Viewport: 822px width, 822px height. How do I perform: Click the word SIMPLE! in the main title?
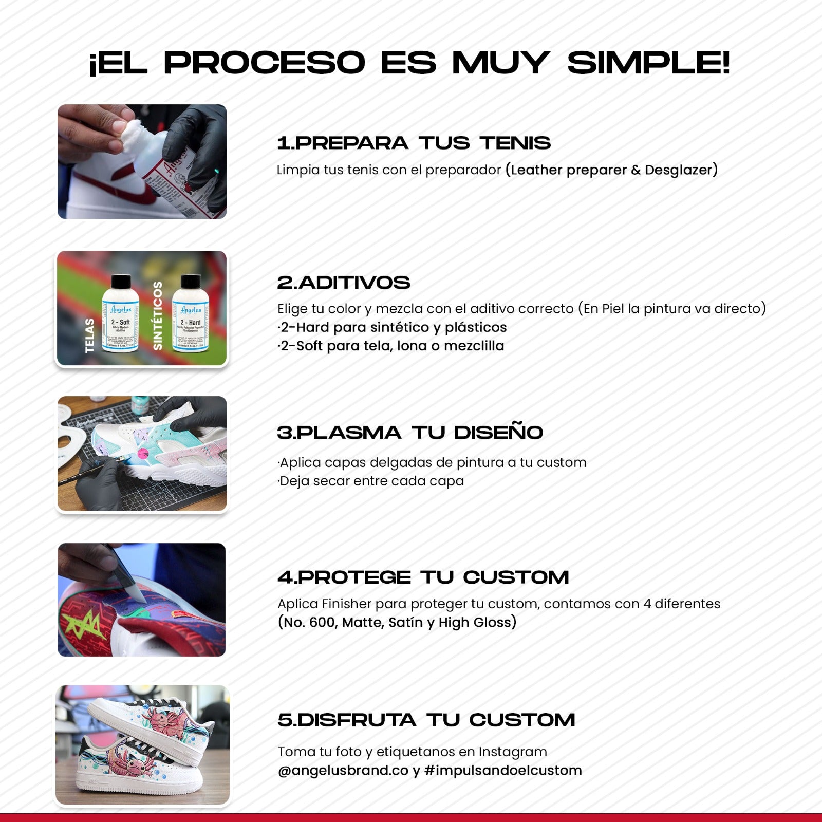[x=648, y=63]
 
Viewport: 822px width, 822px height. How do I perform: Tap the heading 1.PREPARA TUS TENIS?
[x=414, y=143]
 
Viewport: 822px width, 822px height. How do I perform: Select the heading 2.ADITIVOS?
[x=344, y=283]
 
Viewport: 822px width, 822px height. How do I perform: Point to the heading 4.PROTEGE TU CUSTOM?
[x=423, y=577]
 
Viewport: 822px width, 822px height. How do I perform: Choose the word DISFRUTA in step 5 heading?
[x=357, y=720]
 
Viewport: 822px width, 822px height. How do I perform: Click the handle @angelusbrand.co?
[x=343, y=771]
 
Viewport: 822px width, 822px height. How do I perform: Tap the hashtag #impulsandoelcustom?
[x=503, y=771]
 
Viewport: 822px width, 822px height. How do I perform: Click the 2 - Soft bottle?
[x=121, y=313]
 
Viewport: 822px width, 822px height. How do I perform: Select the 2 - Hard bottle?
[x=191, y=313]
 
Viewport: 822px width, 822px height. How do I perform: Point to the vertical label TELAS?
[x=90, y=335]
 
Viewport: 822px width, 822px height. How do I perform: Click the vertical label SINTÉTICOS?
[x=158, y=315]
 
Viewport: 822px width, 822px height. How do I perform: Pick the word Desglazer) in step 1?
[x=681, y=170]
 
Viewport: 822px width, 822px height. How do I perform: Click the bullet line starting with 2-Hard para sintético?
[x=393, y=327]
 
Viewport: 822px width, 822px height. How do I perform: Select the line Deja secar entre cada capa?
[x=371, y=481]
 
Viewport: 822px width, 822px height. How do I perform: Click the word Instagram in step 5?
[x=513, y=752]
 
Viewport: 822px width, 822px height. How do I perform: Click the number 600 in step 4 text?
[x=322, y=623]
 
